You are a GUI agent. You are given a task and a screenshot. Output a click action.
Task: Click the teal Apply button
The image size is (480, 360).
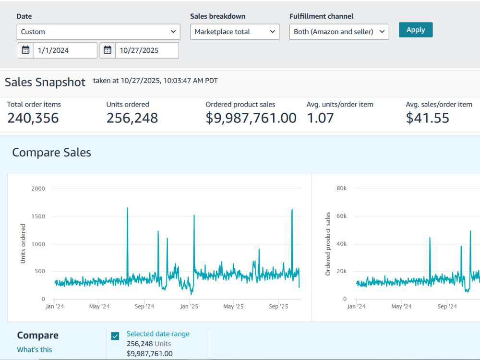coord(415,30)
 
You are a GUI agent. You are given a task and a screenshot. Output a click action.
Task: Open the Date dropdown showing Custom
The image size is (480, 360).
coord(98,32)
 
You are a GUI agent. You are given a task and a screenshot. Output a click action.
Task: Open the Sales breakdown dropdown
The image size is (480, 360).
coord(235,32)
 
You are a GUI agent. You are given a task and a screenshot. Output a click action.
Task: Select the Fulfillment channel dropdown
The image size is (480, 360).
coord(339,32)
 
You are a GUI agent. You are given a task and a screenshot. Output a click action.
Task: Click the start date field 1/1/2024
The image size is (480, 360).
coord(65,50)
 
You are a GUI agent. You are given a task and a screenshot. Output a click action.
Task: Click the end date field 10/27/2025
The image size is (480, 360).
coord(147,50)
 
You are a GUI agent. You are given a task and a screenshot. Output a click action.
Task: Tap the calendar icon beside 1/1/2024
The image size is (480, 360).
coord(26,50)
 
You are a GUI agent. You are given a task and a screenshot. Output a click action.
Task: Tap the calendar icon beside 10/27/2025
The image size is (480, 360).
coord(108,50)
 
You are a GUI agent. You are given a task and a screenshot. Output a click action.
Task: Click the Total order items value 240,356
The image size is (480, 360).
coord(33,118)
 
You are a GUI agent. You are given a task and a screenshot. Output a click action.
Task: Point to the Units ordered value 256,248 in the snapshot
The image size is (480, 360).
coord(132,118)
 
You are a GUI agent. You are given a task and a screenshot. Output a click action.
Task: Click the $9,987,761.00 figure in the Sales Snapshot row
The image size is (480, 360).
coord(251,118)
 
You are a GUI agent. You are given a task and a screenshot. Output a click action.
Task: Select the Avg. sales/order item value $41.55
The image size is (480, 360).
coord(427,118)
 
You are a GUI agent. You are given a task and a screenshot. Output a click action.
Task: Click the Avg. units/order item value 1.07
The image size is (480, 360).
coord(320,118)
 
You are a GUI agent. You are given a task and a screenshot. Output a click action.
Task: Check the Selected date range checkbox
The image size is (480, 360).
coord(115,336)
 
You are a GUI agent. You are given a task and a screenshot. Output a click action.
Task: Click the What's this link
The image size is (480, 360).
coord(34,349)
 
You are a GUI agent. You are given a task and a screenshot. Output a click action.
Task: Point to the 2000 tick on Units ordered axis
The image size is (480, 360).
coord(38,189)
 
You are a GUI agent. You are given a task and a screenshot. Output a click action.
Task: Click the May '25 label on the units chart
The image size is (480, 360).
coord(233,306)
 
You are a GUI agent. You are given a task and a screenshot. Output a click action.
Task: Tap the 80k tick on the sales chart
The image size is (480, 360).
coord(342,188)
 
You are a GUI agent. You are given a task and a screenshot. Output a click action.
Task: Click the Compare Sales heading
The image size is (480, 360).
coord(51,153)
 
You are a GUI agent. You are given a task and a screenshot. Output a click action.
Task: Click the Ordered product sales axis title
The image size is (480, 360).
coord(328,244)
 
